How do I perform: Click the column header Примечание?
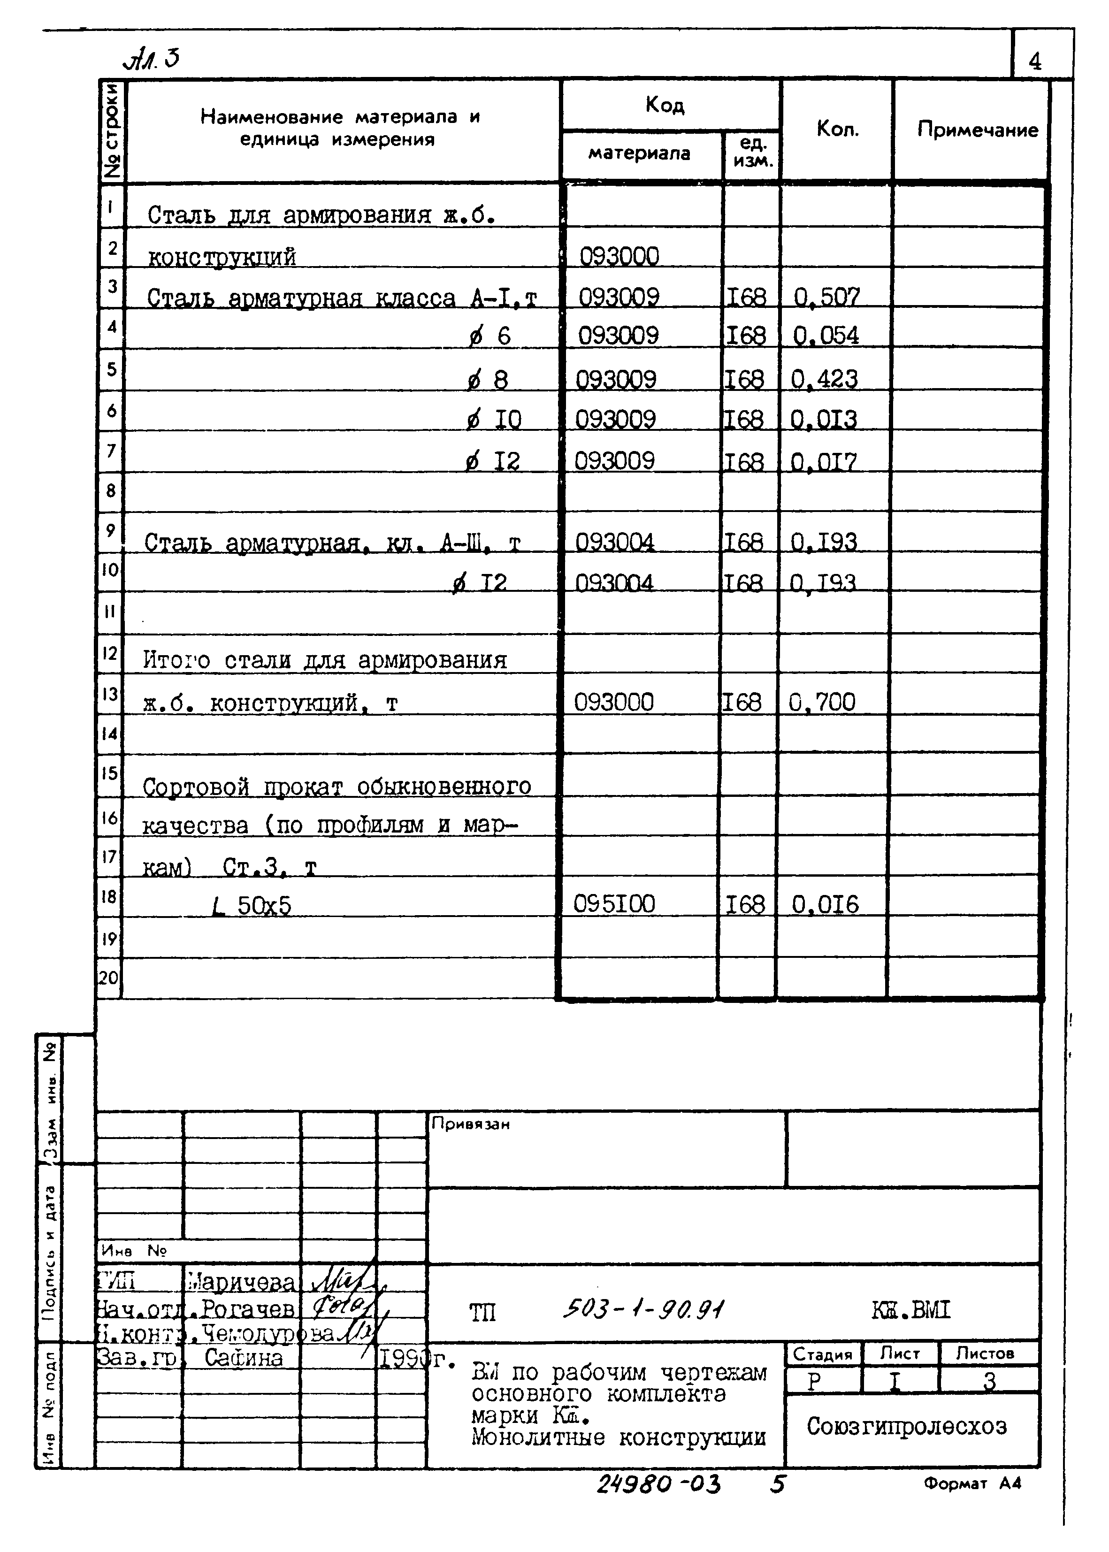(977, 130)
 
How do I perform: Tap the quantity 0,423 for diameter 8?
(824, 379)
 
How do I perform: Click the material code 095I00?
(614, 905)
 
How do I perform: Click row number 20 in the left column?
(108, 978)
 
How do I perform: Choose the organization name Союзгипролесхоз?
(906, 1426)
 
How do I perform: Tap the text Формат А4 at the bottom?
(972, 1483)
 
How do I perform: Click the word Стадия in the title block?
(822, 1353)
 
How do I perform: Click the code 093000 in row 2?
(619, 257)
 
